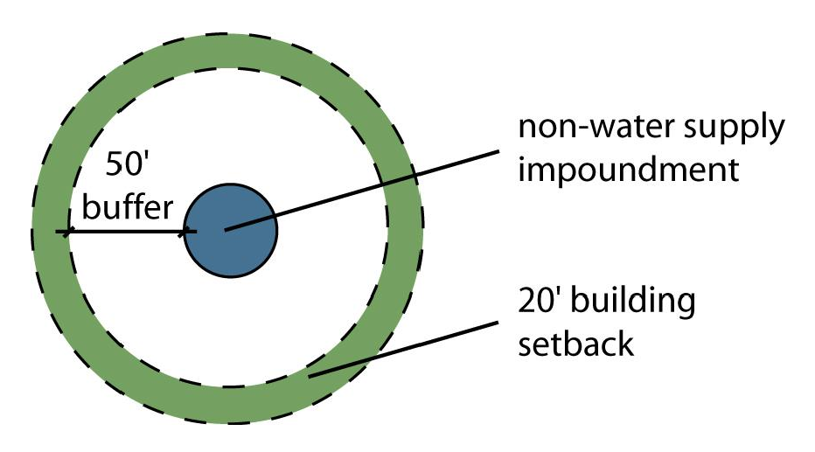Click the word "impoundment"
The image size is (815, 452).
(x=629, y=168)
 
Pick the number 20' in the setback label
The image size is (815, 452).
(x=540, y=302)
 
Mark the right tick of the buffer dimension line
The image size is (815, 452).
(x=188, y=232)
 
